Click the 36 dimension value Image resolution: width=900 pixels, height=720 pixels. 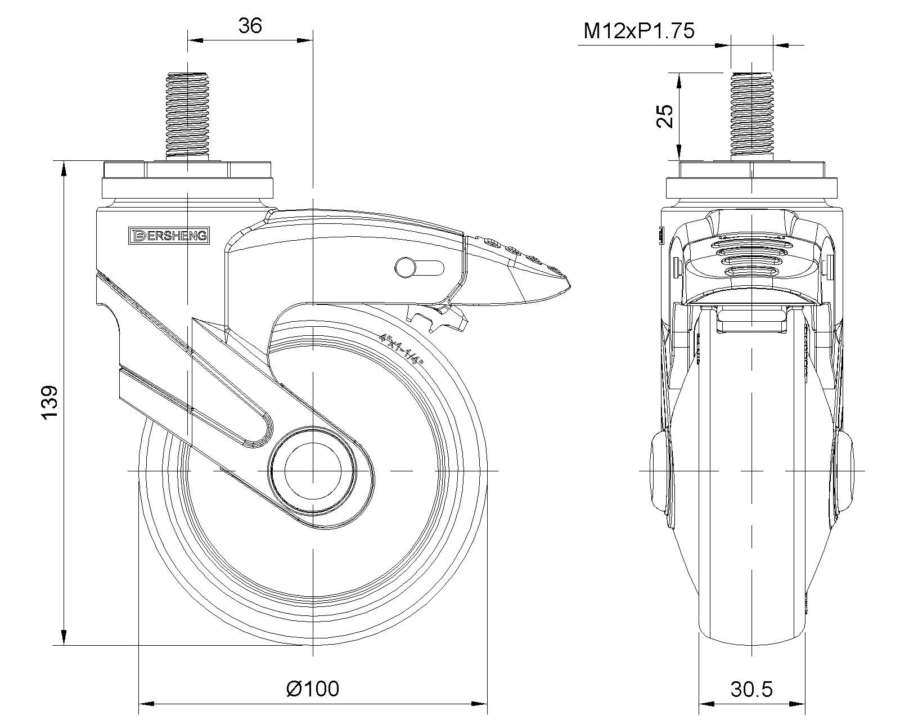tap(250, 26)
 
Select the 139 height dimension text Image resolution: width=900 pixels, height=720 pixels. tap(49, 402)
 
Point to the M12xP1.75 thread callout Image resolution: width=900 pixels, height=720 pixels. tap(638, 31)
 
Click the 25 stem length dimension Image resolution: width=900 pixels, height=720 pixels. tap(665, 116)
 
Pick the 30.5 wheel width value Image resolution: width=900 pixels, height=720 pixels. tap(751, 689)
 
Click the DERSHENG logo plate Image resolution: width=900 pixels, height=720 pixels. tap(169, 236)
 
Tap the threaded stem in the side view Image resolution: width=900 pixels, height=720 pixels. tap(187, 116)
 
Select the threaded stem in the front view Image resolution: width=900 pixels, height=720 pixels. tap(751, 116)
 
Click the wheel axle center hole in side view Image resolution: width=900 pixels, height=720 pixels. tap(313, 471)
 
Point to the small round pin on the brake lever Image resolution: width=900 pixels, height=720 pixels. tap(405, 268)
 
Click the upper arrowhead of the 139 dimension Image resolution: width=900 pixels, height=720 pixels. tap(64, 169)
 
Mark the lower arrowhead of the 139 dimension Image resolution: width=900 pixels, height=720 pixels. tap(64, 637)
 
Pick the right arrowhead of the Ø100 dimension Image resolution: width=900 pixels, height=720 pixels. tap(479, 704)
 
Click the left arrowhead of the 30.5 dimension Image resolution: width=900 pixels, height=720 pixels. tap(706, 704)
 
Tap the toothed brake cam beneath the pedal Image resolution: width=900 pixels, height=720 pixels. tap(437, 318)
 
